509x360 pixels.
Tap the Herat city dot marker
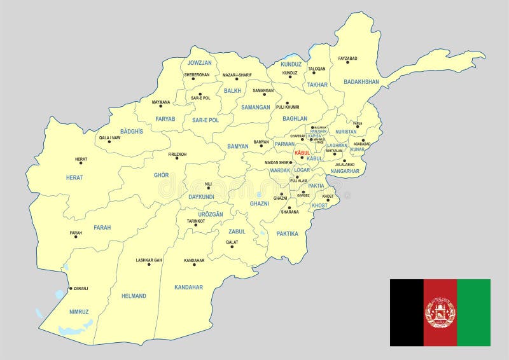[x=81, y=163]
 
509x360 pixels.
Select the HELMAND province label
[x=134, y=296]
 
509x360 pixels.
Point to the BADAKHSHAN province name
[x=361, y=82]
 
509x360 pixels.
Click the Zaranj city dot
[x=70, y=288]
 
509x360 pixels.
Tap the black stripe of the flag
[x=407, y=312]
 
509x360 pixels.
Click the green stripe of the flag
[x=473, y=312]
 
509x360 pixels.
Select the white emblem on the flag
[x=440, y=313]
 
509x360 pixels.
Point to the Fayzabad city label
[x=347, y=59]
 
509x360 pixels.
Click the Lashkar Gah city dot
[x=149, y=265]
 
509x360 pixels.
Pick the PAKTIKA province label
[x=288, y=233]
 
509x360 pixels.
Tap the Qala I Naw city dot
[x=109, y=141]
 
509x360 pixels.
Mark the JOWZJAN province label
[x=199, y=63]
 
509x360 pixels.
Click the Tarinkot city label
[x=196, y=221]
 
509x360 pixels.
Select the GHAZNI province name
[x=260, y=204]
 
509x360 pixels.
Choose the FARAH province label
[x=102, y=227]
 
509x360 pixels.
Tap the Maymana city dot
[x=161, y=107]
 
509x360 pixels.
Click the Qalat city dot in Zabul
[x=232, y=246]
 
